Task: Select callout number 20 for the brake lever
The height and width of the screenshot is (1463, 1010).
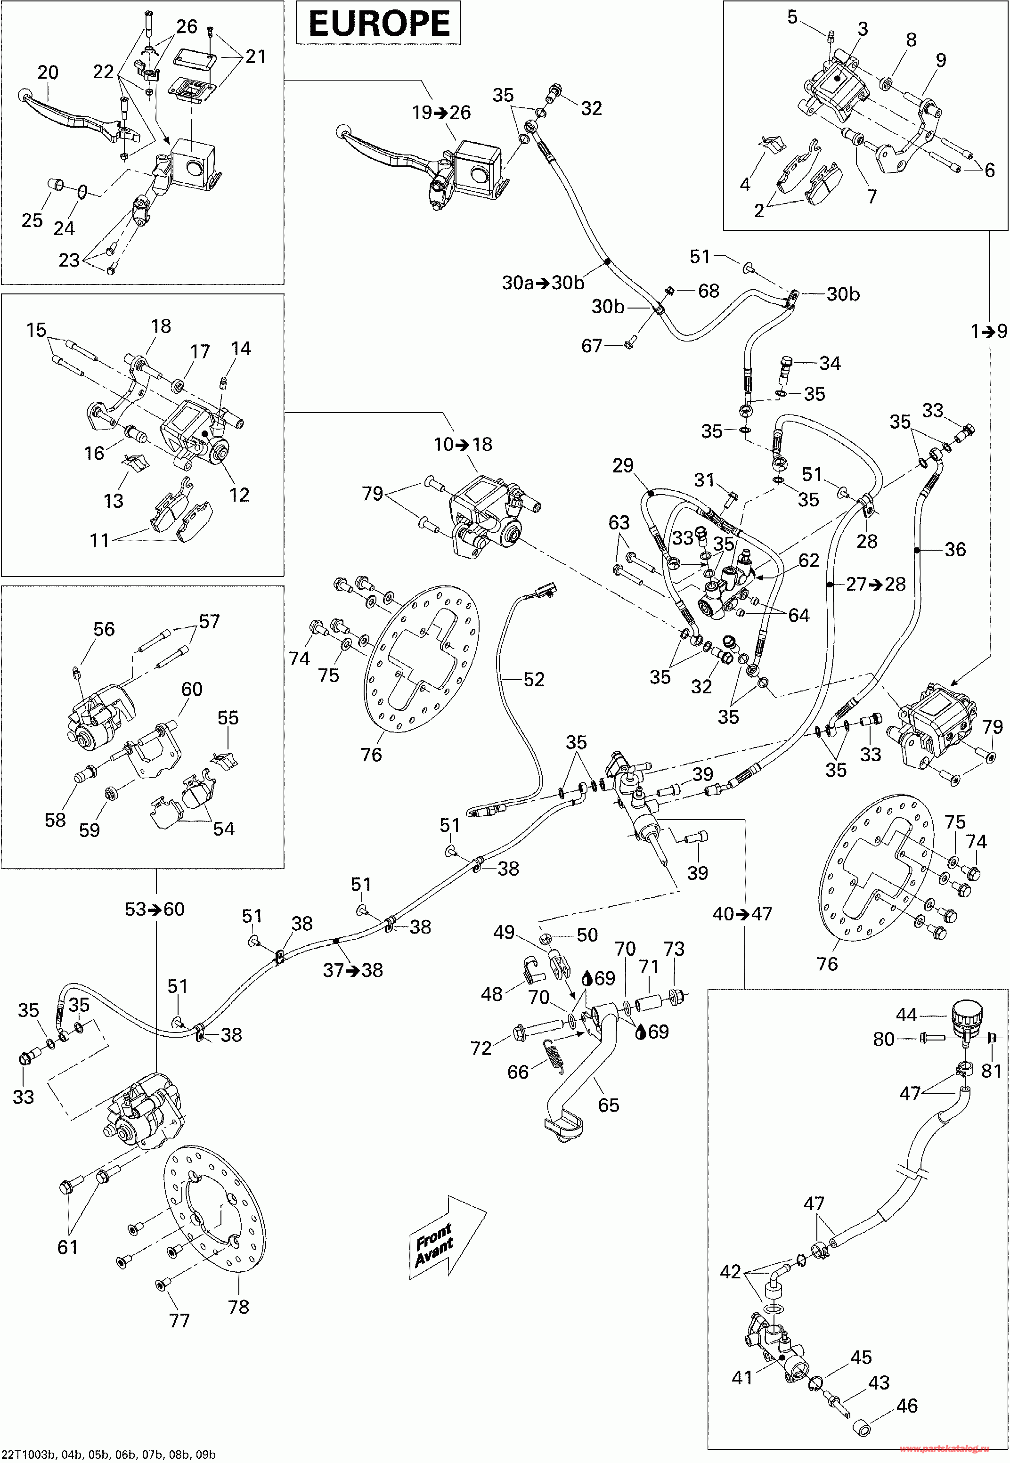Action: click(x=48, y=73)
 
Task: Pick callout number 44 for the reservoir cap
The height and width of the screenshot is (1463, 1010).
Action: click(x=906, y=1015)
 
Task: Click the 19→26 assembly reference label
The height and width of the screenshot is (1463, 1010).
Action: click(x=442, y=113)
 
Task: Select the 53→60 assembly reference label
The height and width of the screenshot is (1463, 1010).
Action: click(x=155, y=910)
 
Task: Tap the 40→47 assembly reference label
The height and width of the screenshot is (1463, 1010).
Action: click(x=742, y=914)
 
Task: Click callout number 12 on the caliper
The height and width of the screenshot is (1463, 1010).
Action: click(x=238, y=495)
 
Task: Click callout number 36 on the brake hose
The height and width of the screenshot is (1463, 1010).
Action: click(x=955, y=549)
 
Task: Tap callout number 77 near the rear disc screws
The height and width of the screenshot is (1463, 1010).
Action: click(x=179, y=1321)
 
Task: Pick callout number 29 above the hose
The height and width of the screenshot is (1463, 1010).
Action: click(x=623, y=466)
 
